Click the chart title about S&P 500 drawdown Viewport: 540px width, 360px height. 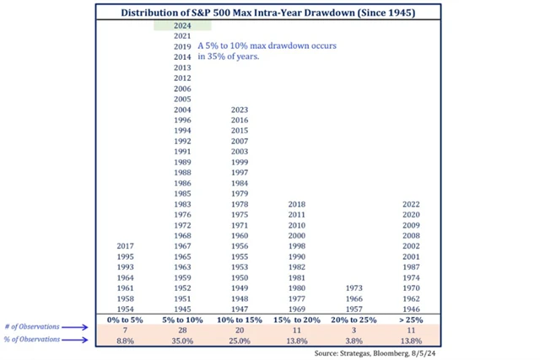pyautogui.click(x=268, y=13)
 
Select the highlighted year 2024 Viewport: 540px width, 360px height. pyautogui.click(x=182, y=26)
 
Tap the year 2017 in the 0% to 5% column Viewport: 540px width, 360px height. pyautogui.click(x=125, y=245)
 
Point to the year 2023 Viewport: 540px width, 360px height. pyautogui.click(x=240, y=110)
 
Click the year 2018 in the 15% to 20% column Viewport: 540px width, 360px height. pyautogui.click(x=297, y=204)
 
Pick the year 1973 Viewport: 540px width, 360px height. pyautogui.click(x=354, y=287)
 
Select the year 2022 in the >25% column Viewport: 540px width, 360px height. pyautogui.click(x=412, y=204)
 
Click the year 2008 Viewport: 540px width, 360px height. pyautogui.click(x=412, y=235)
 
